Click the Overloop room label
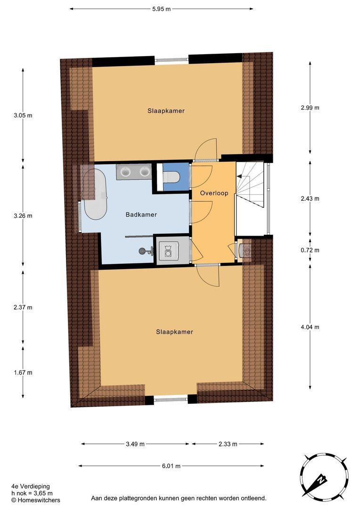tap(214, 193)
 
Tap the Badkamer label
tap(141, 214)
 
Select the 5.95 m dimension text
tap(161, 9)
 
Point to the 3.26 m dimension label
tap(23, 215)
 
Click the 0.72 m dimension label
tap(310, 250)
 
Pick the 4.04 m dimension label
tap(310, 327)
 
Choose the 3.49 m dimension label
tap(135, 444)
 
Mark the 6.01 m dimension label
tap(171, 466)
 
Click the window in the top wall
tap(172, 60)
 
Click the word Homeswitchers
tap(39, 500)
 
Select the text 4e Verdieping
tap(31, 486)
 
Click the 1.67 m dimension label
tap(23, 372)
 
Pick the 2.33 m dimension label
tap(228, 444)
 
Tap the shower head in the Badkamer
tap(143, 251)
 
